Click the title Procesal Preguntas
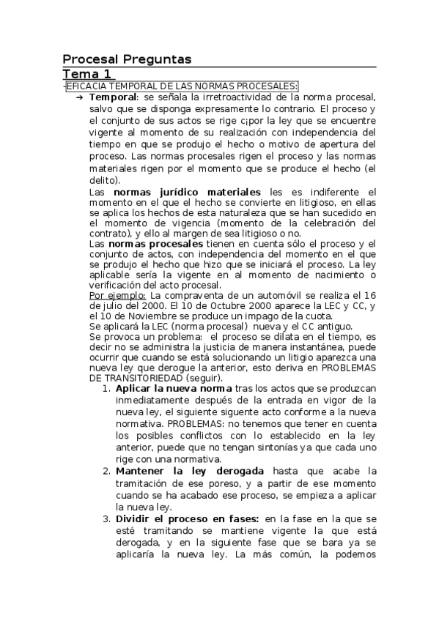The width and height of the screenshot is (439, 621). [127, 59]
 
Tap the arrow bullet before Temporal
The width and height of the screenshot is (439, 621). [80, 97]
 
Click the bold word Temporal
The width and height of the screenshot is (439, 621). [113, 97]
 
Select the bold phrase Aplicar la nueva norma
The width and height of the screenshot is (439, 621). [174, 388]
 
